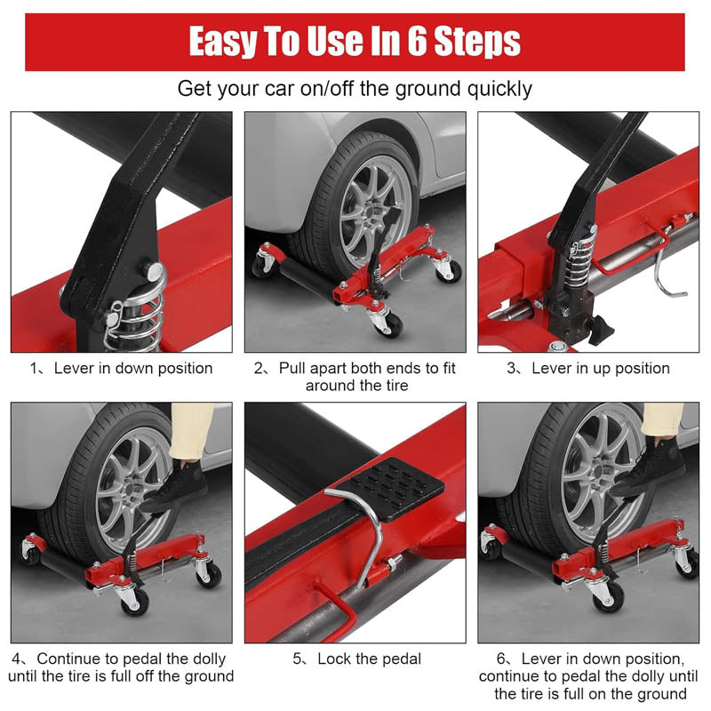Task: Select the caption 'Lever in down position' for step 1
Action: [x=132, y=368]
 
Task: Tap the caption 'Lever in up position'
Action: [x=600, y=368]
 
